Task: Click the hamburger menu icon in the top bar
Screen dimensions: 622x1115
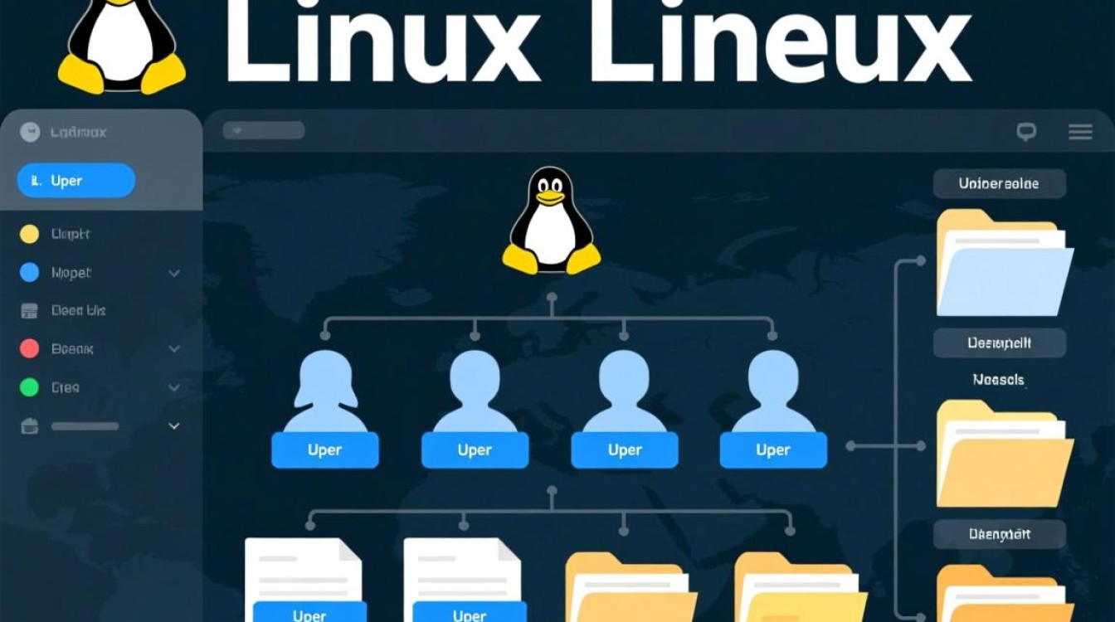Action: (1079, 131)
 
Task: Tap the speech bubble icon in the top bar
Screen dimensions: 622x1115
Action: (1026, 131)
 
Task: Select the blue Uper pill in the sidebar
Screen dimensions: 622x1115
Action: (75, 181)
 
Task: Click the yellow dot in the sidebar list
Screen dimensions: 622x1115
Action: (29, 234)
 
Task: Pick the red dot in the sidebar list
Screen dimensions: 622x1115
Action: (29, 349)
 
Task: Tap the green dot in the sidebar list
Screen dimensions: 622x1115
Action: (29, 387)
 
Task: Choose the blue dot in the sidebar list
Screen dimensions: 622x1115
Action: (29, 272)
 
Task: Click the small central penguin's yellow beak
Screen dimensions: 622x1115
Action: (550, 197)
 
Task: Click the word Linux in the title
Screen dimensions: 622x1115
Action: (382, 41)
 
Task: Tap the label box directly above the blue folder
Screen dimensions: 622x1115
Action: (999, 184)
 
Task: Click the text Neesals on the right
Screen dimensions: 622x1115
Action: (999, 381)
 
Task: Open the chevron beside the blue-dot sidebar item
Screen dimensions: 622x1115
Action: (174, 273)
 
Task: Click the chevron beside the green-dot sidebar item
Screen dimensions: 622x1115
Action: (174, 387)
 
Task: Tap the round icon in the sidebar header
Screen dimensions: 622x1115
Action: (30, 132)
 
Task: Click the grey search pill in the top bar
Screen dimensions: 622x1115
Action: (264, 130)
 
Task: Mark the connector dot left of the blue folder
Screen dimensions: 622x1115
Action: (920, 260)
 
